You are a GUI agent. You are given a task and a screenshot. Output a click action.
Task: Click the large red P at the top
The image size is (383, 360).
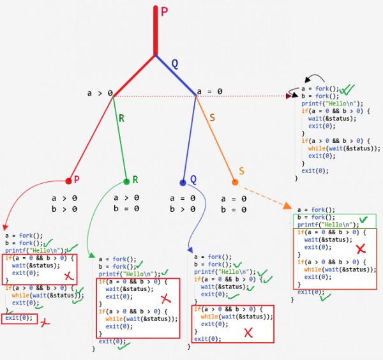point(165,12)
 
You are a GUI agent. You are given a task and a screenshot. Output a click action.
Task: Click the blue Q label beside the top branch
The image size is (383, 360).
point(175,63)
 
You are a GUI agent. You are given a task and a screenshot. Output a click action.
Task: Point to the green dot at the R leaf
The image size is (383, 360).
point(126,182)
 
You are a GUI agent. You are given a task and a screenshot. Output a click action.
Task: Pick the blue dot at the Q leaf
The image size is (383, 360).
point(183,182)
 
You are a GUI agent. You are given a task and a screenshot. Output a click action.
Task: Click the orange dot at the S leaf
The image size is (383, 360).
point(235,183)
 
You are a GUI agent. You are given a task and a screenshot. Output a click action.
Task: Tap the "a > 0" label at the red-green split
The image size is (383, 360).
point(100,93)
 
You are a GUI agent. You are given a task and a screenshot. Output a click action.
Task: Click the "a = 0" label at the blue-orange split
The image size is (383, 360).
point(210,92)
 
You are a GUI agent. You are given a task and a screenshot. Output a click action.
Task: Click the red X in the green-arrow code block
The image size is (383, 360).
point(165,298)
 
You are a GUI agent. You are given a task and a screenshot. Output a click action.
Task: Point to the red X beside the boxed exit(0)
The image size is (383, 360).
point(45,323)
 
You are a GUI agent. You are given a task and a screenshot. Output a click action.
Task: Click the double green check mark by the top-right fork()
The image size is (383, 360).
point(347,90)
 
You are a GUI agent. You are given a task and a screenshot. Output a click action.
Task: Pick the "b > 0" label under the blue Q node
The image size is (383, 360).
point(182,209)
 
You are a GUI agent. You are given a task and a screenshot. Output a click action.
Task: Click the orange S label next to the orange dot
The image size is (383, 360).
point(241,170)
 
